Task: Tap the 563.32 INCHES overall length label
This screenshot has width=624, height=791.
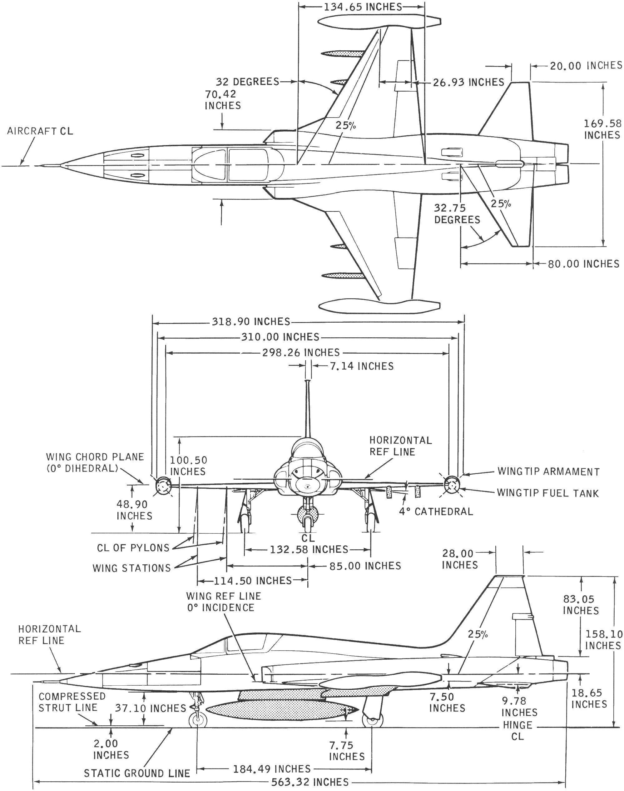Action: [x=310, y=782]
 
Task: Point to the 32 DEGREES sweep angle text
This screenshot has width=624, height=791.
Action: [x=247, y=81]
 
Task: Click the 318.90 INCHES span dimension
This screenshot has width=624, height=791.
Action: [x=250, y=321]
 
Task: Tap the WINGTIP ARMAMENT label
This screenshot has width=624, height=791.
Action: [x=548, y=471]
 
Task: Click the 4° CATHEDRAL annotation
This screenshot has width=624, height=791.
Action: [x=435, y=511]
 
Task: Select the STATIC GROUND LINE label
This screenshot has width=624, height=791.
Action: [x=137, y=773]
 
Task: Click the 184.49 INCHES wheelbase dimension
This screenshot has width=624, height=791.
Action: [x=272, y=769]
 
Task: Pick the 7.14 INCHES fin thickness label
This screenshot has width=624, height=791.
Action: [x=362, y=366]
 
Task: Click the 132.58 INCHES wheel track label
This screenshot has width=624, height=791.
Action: [x=309, y=549]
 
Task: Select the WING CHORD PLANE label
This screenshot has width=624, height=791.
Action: [x=95, y=462]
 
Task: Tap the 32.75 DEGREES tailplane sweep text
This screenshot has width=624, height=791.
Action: [x=457, y=214]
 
